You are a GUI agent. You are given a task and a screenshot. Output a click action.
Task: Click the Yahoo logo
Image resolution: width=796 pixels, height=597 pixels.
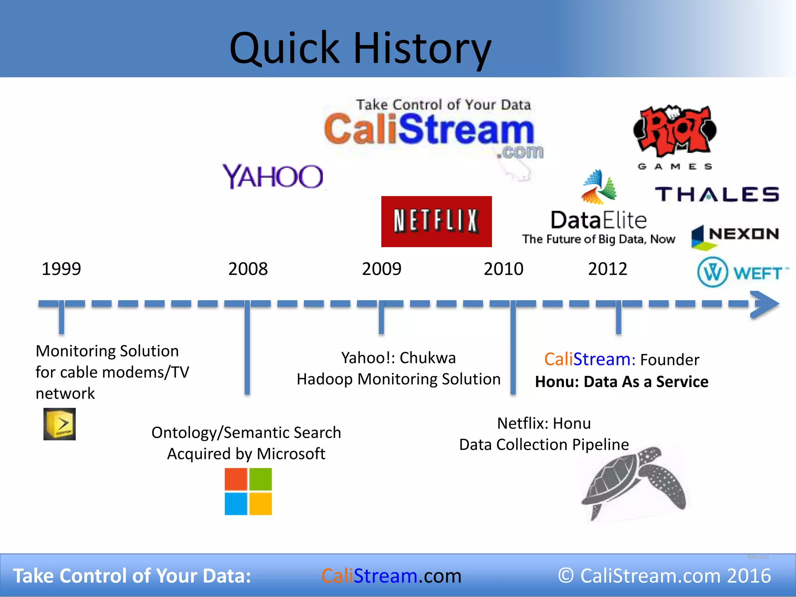273,177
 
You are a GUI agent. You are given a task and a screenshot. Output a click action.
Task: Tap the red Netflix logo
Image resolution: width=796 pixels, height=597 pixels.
436,221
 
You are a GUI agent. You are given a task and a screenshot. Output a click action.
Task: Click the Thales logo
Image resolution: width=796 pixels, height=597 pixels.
717,194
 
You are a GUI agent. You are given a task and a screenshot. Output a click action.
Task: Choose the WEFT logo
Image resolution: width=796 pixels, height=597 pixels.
742,272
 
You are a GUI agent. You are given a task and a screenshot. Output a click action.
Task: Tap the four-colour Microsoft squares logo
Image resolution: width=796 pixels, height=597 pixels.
248,491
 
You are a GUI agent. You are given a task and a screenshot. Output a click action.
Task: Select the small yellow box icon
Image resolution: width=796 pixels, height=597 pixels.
59,424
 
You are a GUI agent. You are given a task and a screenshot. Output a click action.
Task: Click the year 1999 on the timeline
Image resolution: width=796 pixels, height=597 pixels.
61,269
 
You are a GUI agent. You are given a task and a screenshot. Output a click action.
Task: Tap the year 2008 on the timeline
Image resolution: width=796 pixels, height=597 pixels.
248,269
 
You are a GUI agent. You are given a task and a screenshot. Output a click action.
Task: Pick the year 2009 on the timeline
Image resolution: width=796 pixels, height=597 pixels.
382,269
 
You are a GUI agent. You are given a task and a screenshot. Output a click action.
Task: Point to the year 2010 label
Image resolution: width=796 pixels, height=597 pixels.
503,269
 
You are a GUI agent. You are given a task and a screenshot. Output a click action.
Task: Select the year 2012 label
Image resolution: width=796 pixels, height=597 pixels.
607,269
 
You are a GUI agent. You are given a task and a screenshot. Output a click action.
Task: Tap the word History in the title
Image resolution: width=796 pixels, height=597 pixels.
422,48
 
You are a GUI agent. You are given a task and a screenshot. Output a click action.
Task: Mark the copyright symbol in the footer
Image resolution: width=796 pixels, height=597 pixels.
566,576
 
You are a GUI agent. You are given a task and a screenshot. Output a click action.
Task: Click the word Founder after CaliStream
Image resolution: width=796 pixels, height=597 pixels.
670,360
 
